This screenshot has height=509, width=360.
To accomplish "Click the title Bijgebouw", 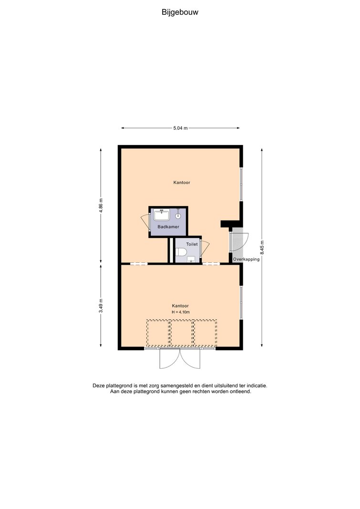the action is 180,12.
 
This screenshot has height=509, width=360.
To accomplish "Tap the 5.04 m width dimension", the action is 180,128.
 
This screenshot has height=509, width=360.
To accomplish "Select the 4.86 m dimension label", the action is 101,206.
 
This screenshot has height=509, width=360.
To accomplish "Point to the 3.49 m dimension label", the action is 101,306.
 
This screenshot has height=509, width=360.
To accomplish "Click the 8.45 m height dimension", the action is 262,248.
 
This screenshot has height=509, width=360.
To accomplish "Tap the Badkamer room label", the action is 168,227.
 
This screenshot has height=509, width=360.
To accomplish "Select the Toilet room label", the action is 192,244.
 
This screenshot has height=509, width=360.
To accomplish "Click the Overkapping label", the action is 246,260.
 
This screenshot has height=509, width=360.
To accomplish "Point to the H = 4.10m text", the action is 181,312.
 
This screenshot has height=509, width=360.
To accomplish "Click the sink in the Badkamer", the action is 162,215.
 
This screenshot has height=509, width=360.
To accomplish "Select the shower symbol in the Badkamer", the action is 178,214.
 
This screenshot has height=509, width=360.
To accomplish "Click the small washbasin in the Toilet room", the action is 191,259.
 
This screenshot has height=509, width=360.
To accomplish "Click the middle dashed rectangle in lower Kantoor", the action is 182,333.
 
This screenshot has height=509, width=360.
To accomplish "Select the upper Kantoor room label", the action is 182,182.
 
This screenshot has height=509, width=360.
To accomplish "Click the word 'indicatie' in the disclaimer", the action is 257,385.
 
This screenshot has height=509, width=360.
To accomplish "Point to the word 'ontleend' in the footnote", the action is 241,392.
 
